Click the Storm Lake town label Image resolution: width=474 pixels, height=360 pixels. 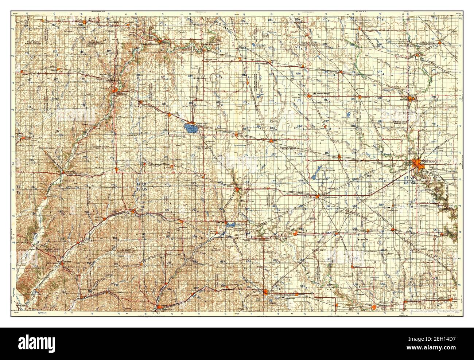pos(202,124)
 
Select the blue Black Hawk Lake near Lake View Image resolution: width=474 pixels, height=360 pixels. pos(230,226)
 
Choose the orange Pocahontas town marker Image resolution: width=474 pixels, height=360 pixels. pos(310,95)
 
